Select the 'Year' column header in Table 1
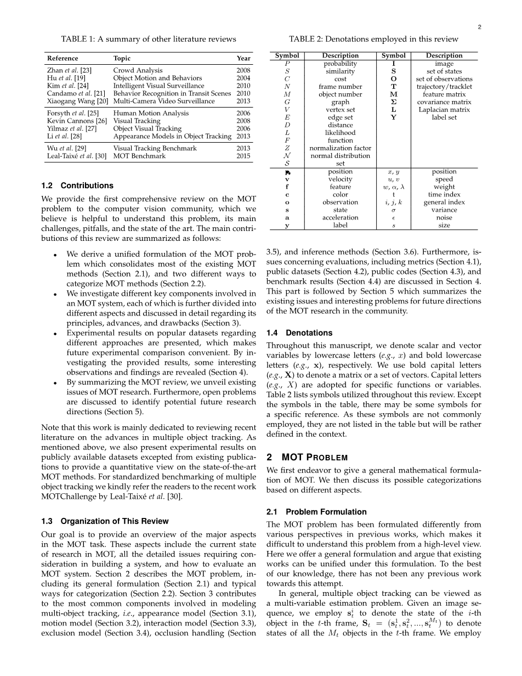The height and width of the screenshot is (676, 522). tap(243, 58)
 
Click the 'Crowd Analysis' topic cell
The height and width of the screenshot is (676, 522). tap(138, 70)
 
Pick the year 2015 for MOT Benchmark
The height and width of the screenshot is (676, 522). tap(243, 156)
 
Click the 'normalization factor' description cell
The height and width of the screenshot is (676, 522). tap(340, 148)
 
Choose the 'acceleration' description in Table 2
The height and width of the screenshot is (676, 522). tap(340, 217)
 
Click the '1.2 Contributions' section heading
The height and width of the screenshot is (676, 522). tap(77, 185)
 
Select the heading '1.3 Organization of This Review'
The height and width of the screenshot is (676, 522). tap(105, 521)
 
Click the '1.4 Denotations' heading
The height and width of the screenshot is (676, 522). tap(299, 333)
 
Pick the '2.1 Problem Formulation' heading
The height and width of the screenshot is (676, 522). tap(316, 511)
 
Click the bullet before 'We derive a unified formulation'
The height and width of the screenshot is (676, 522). tap(56, 255)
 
